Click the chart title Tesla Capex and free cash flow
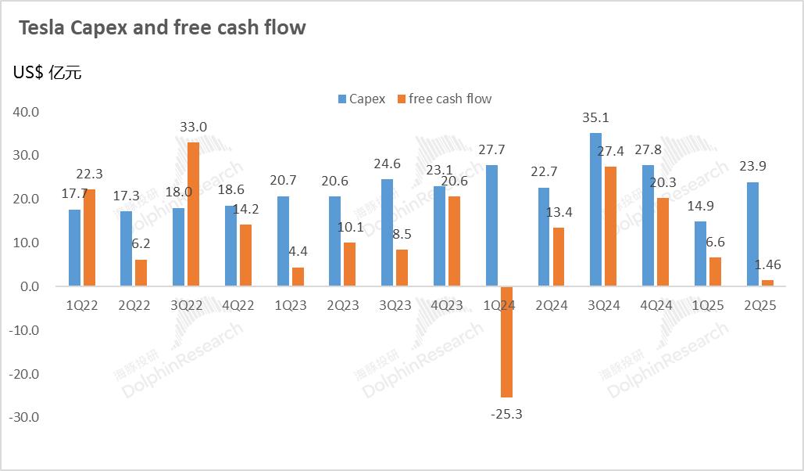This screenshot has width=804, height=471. (x=162, y=28)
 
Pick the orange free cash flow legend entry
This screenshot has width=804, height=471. (x=445, y=99)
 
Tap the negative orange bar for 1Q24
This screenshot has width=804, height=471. (x=506, y=342)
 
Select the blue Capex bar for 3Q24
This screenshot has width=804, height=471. (x=595, y=210)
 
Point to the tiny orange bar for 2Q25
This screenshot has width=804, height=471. (x=767, y=283)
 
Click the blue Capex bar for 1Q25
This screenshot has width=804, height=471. (x=700, y=253)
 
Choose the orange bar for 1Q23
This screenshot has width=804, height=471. (x=298, y=277)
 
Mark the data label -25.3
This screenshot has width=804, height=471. (x=506, y=413)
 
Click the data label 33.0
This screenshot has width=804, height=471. (x=193, y=127)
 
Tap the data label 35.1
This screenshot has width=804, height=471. (x=595, y=118)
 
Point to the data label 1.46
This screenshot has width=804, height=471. (x=767, y=264)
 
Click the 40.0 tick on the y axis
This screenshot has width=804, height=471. (x=26, y=112)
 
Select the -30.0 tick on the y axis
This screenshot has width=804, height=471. (x=24, y=417)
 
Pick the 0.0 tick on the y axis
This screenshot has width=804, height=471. (x=30, y=286)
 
